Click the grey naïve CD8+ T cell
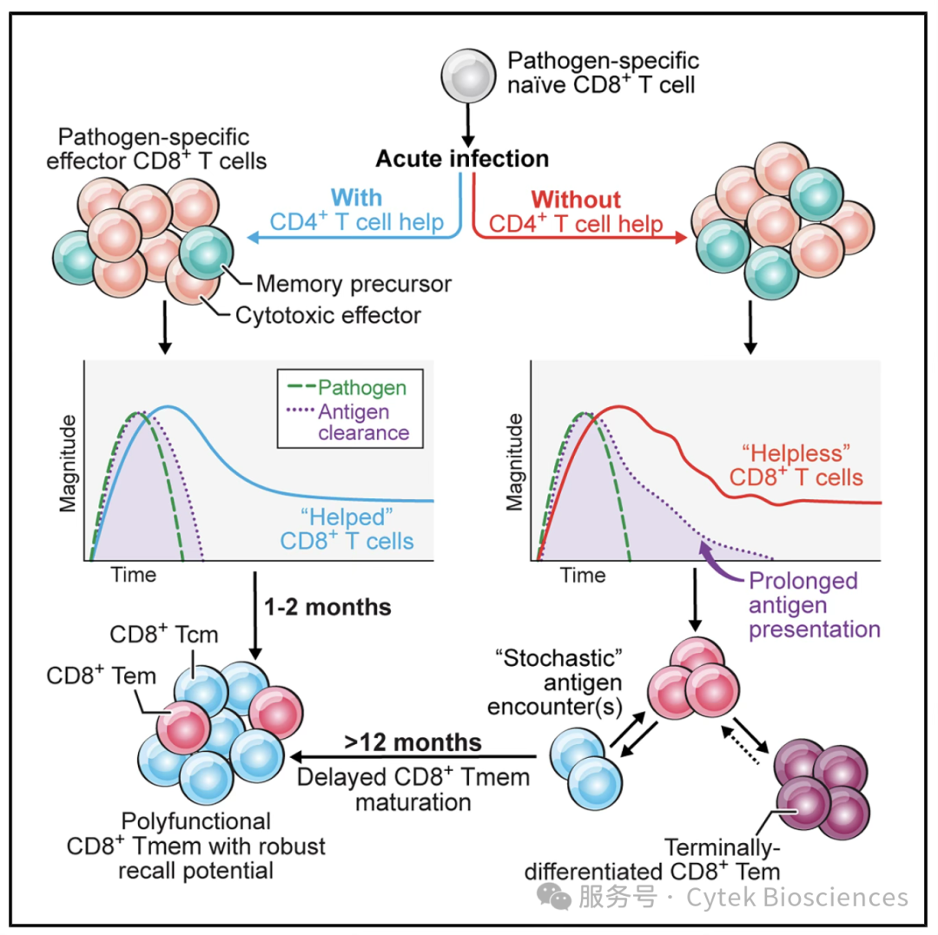[468, 76]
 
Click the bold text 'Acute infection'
[462, 159]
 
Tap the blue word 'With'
[357, 198]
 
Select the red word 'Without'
[576, 200]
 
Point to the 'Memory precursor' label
[353, 284]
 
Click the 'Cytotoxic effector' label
[327, 316]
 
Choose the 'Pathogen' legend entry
[347, 387]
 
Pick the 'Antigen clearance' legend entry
[349, 422]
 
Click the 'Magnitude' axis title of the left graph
[69, 464]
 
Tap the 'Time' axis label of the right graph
[583, 575]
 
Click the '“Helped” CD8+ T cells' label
[347, 529]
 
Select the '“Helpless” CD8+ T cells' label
[796, 465]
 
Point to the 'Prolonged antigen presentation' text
[814, 605]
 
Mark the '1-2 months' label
[327, 608]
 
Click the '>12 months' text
[413, 742]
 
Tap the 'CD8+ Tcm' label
[164, 635]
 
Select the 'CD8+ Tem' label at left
[101, 675]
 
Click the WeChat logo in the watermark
[554, 896]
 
